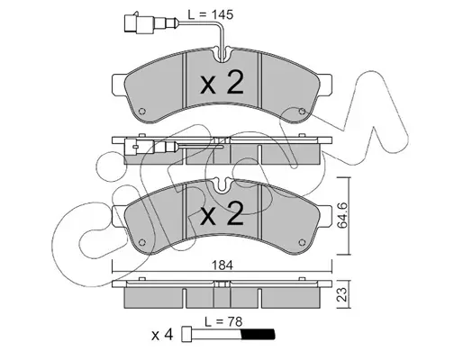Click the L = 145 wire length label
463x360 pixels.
[210, 14]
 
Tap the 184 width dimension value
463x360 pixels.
[222, 265]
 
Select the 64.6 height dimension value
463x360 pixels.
[342, 215]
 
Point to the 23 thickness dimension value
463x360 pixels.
[342, 294]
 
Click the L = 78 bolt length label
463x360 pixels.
[223, 321]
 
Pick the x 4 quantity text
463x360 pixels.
[162, 335]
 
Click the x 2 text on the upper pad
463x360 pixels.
[222, 83]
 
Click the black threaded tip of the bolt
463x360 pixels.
[258, 334]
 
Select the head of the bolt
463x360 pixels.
[186, 334]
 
